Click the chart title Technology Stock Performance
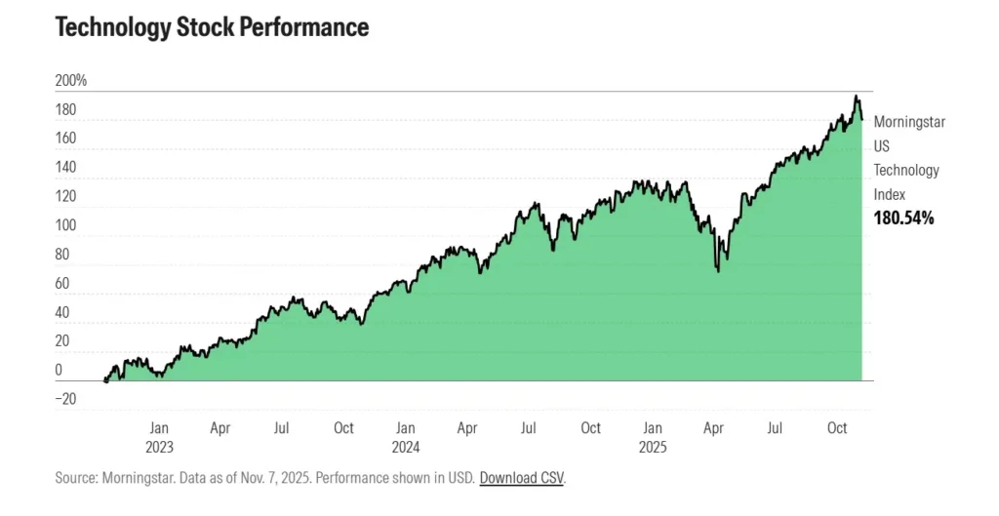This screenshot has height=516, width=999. coord(212,27)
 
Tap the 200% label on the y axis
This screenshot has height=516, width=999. coord(71,80)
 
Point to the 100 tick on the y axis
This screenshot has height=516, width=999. coord(66,225)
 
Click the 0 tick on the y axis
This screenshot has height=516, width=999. coord(60,370)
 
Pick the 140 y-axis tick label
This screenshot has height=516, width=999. coord(66,168)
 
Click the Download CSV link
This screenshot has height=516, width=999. coord(522,478)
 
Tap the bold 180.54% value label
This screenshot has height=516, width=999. coord(903,218)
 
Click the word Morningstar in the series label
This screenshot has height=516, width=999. coord(909,122)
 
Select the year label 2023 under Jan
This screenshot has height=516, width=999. coord(159,448)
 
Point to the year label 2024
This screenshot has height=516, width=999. coord(406,448)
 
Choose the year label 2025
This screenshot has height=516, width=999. coord(653,448)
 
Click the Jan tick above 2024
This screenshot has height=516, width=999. coord(406,427)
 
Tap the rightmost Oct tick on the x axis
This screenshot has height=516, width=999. coord(837,427)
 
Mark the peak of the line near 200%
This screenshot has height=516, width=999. coord(856,96)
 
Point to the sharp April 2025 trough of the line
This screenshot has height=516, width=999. coord(718,271)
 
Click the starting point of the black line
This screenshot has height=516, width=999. coord(104,380)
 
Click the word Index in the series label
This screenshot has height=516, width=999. coord(889,194)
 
